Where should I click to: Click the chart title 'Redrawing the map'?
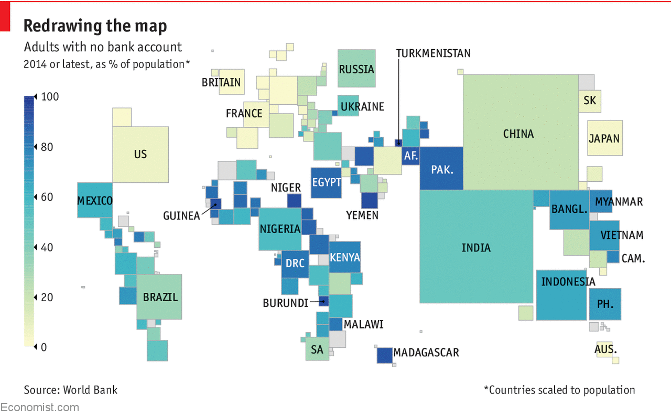click(x=95, y=26)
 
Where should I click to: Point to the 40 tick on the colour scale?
click(x=47, y=247)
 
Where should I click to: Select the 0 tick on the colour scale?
click(x=44, y=347)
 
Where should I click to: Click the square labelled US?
click(x=140, y=154)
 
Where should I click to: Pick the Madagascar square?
click(x=385, y=355)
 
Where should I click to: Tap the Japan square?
click(x=604, y=138)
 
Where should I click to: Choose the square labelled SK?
click(x=590, y=101)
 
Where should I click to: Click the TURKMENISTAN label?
click(x=433, y=53)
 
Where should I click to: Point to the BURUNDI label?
click(x=285, y=303)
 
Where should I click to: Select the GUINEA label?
click(x=181, y=216)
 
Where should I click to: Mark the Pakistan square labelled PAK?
click(x=441, y=169)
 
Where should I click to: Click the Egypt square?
click(x=326, y=182)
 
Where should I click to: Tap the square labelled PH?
click(x=605, y=304)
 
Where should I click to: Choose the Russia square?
click(x=356, y=69)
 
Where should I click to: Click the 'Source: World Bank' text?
click(x=71, y=390)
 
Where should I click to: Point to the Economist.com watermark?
click(x=40, y=408)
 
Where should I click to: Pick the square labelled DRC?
click(x=295, y=264)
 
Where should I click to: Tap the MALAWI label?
click(x=363, y=324)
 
